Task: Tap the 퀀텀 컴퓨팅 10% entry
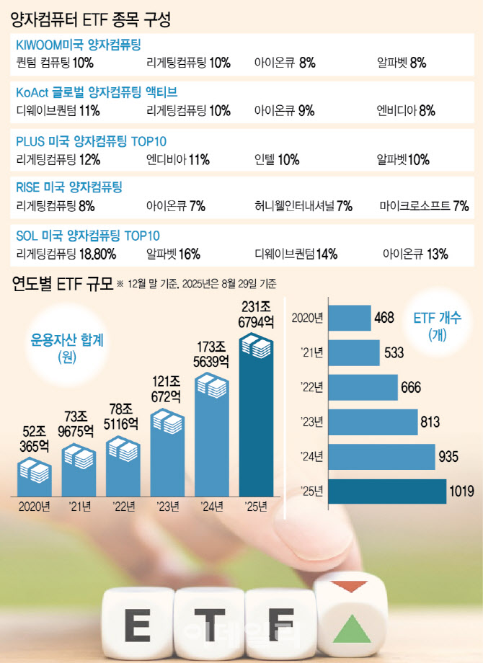tap(55, 63)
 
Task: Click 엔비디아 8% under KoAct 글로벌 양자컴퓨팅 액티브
tap(406, 110)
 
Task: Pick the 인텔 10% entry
tap(277, 159)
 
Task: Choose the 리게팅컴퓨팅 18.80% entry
tap(66, 254)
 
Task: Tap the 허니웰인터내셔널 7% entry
tap(303, 207)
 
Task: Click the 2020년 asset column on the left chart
tap(34, 476)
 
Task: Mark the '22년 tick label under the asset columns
tap(123, 507)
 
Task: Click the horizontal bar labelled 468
tap(351, 318)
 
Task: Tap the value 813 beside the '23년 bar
tap(433, 422)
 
